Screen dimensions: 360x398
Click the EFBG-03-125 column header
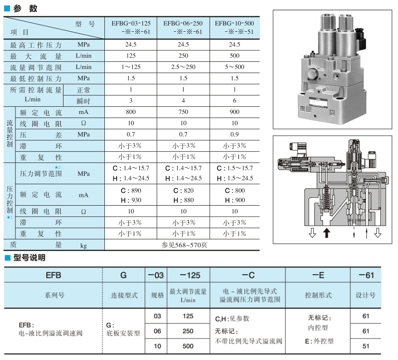click(131, 27)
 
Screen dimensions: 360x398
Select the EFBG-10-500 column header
click(234, 27)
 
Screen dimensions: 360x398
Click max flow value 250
click(183, 56)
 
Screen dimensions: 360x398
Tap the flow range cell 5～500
click(234, 67)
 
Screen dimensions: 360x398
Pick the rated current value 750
click(183, 112)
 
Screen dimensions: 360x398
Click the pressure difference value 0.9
click(234, 134)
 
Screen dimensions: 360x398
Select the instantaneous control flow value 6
click(234, 101)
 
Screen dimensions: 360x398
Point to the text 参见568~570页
click(183, 245)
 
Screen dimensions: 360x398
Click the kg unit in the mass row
click(84, 246)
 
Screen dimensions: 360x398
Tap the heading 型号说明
click(29, 258)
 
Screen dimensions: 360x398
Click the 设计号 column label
click(365, 295)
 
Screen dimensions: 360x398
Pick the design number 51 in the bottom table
click(365, 346)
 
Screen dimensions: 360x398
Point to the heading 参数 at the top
click(25, 8)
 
